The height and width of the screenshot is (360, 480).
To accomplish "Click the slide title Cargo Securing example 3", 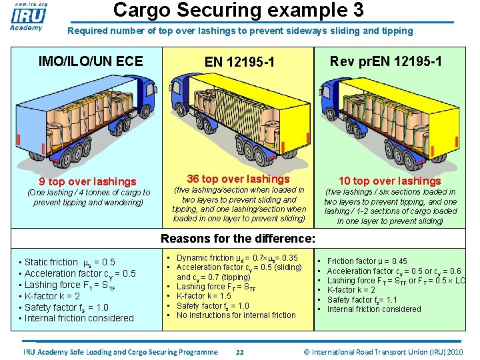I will coord(238,10).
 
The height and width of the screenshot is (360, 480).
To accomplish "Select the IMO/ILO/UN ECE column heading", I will coord(91,61).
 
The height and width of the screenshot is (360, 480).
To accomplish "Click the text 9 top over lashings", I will coord(87,181).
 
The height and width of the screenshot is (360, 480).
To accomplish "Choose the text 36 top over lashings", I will coord(238,179).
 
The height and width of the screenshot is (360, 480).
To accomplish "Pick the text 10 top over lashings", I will coord(390,181).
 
